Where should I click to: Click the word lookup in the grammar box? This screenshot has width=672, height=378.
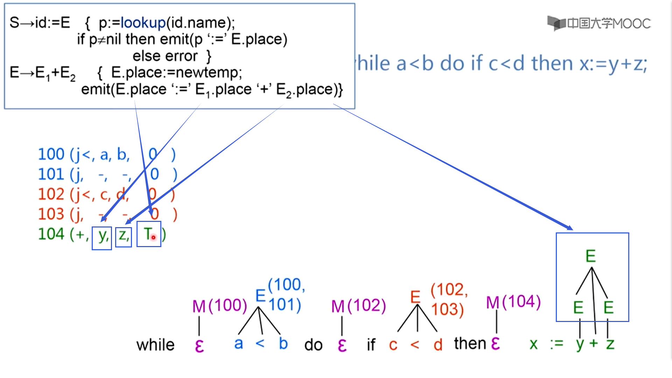[x=143, y=23]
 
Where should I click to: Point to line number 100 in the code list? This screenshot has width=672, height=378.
[x=51, y=154]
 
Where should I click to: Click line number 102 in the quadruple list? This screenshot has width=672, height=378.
[x=51, y=194]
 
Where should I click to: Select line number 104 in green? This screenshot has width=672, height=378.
[x=51, y=234]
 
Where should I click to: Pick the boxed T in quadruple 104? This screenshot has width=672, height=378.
[x=149, y=234]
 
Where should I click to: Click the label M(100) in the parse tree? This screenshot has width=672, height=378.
[x=219, y=306]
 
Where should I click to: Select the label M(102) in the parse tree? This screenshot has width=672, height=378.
[x=358, y=306]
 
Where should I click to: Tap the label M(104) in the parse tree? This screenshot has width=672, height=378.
[x=513, y=302]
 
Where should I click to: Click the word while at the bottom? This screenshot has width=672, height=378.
[x=155, y=345]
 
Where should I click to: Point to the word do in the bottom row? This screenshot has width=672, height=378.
[x=313, y=345]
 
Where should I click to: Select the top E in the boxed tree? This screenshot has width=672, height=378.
[x=590, y=256]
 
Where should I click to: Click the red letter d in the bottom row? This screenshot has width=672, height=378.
[x=438, y=345]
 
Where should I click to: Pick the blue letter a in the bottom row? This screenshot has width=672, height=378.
[x=239, y=344]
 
